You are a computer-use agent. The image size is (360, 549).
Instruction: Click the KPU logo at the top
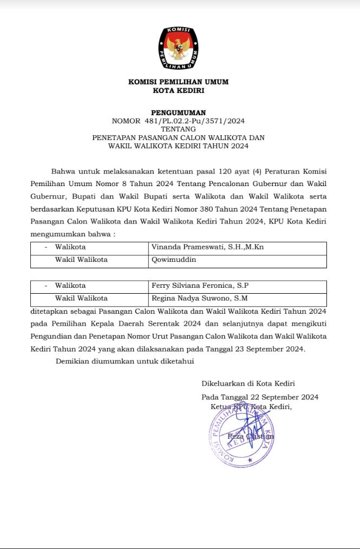178,48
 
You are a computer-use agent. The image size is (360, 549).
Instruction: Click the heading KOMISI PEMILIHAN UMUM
178,82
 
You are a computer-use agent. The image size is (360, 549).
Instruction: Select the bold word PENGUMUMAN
178,113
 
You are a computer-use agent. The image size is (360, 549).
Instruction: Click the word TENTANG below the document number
178,129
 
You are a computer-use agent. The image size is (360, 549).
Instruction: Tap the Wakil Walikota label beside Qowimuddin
81,260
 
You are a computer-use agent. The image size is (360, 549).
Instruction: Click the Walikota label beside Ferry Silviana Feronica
70,286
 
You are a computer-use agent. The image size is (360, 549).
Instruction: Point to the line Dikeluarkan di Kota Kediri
248,383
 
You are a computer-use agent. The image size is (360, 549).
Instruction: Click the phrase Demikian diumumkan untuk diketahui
125,361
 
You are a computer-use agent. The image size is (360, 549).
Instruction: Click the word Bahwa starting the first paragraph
63,171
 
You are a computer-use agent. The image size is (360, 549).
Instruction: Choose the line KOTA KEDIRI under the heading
178,91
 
